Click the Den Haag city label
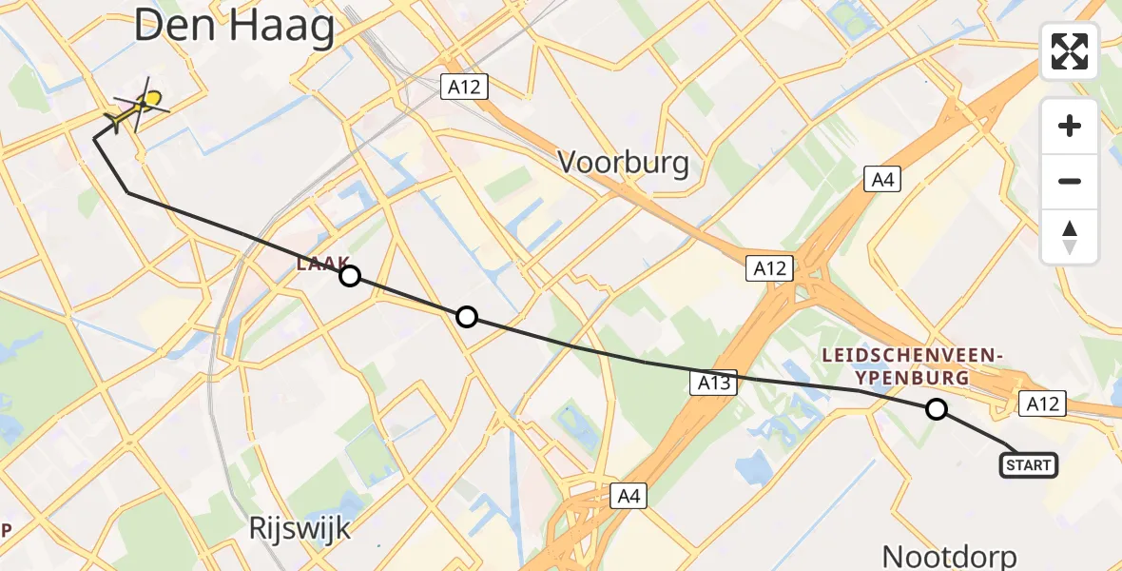pos(234,27)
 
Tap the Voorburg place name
pos(623,163)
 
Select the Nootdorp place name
pos(950,556)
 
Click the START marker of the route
pos(1028,465)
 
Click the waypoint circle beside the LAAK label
pos(350,276)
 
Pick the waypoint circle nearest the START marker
pos(937,409)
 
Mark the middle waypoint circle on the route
pos(466,317)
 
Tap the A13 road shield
pos(713,383)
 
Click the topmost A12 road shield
pos(466,88)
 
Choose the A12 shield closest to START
pos(1042,404)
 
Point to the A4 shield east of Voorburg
pos(882,179)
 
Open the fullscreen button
pos(1070,51)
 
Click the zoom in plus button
pos(1070,126)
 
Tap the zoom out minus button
pos(1070,181)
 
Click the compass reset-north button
pos(1070,236)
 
